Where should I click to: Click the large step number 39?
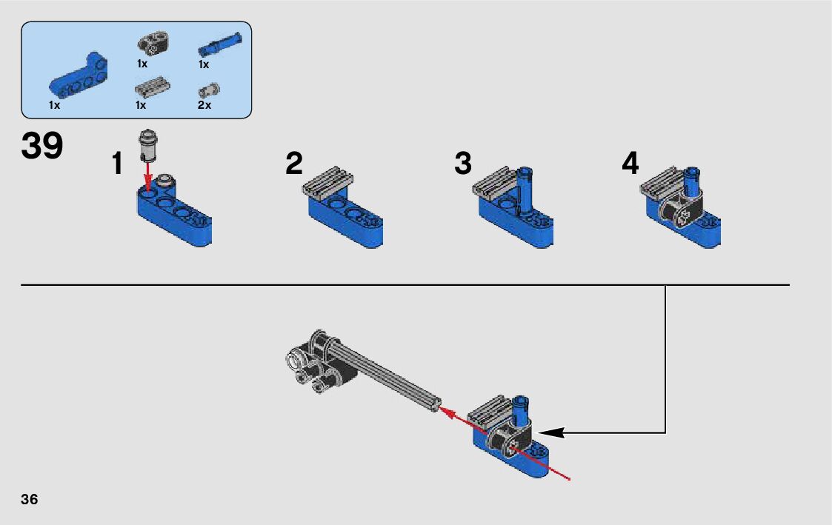42,145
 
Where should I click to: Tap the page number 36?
29,499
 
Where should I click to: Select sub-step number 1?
117,164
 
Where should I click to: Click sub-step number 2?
294,163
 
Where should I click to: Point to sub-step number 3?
463,164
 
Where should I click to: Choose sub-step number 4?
630,163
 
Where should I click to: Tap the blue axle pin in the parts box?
220,44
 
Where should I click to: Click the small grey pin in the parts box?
209,90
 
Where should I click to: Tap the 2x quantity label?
204,105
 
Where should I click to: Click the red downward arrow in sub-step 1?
149,174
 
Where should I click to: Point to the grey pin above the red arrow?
148,144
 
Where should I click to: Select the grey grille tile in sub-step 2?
328,182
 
